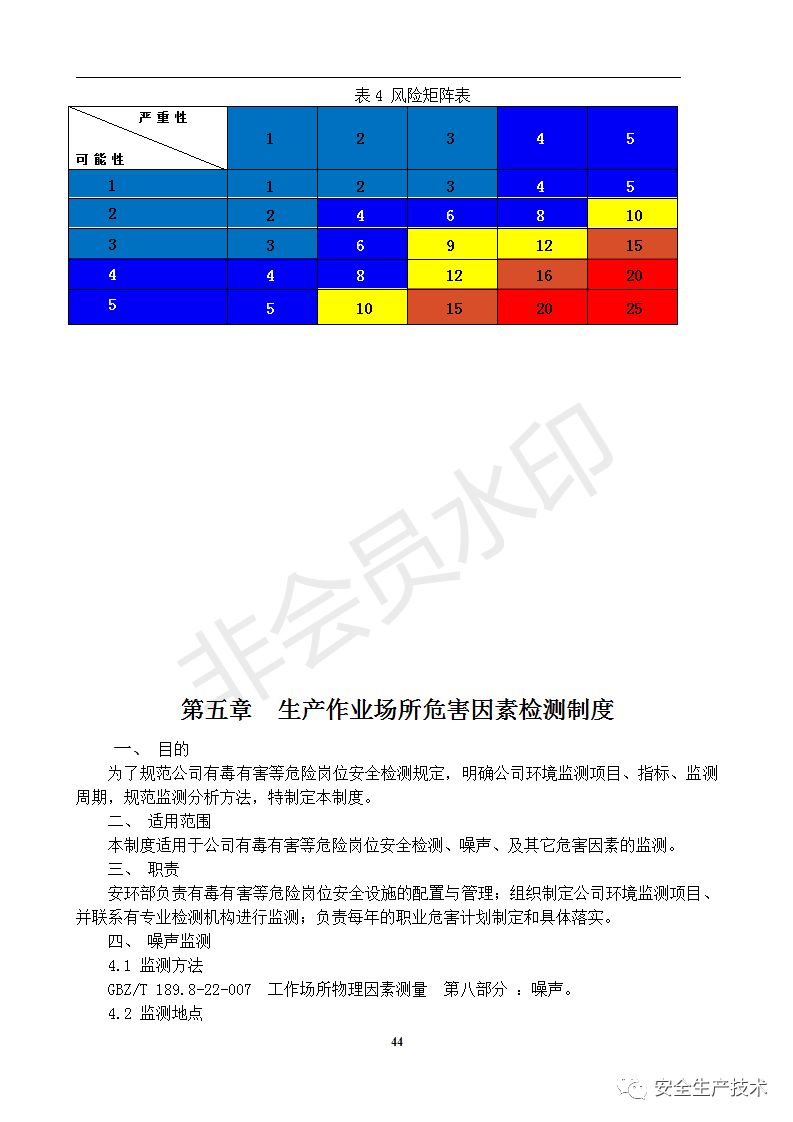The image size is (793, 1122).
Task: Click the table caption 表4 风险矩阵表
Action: (412, 95)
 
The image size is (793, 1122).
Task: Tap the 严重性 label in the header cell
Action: (163, 118)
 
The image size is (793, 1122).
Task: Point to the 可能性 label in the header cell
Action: (100, 159)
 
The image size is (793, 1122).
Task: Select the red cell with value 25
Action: (632, 308)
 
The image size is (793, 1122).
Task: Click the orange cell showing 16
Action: (542, 276)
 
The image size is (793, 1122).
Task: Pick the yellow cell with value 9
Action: (452, 245)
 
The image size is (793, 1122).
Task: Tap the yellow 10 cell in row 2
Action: (632, 215)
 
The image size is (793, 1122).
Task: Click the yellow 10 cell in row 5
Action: (362, 308)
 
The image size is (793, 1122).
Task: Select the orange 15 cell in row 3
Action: (632, 245)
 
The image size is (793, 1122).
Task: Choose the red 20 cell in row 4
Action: (632, 276)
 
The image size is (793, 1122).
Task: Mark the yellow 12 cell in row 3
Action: (542, 245)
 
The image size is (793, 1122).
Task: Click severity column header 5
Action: (631, 139)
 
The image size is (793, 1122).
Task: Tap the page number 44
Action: (397, 1042)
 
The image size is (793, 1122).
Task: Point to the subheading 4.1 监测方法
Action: (155, 965)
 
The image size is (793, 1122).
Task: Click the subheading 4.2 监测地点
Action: (155, 1013)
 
